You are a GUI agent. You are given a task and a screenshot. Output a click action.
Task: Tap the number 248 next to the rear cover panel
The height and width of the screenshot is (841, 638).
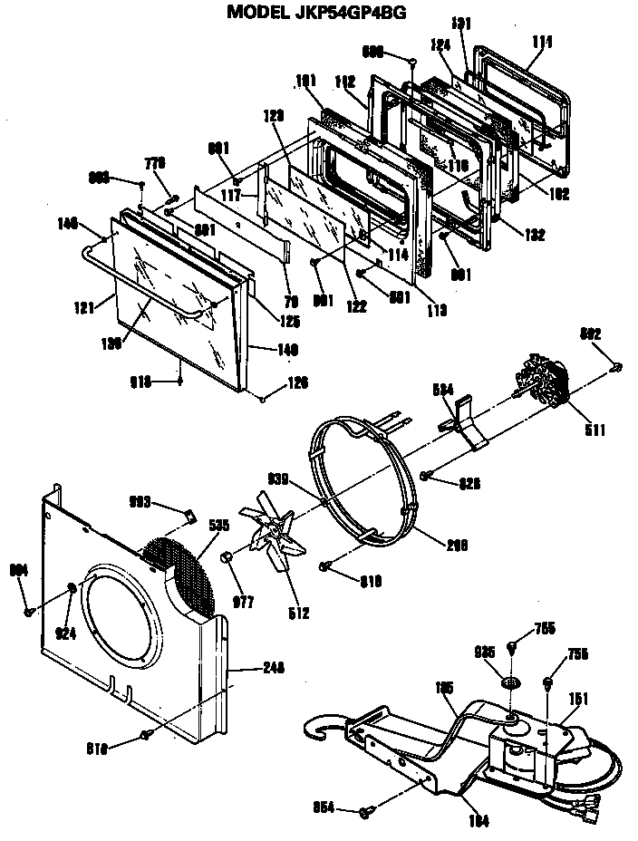[273, 668]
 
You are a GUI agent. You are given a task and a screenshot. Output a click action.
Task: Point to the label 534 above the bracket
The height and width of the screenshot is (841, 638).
[442, 389]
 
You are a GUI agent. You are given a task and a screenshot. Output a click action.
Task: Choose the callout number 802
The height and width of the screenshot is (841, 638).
[616, 335]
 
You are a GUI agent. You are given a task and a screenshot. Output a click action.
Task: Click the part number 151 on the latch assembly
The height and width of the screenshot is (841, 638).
[578, 698]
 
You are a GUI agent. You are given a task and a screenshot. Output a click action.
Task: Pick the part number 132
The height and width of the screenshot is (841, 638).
[534, 235]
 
